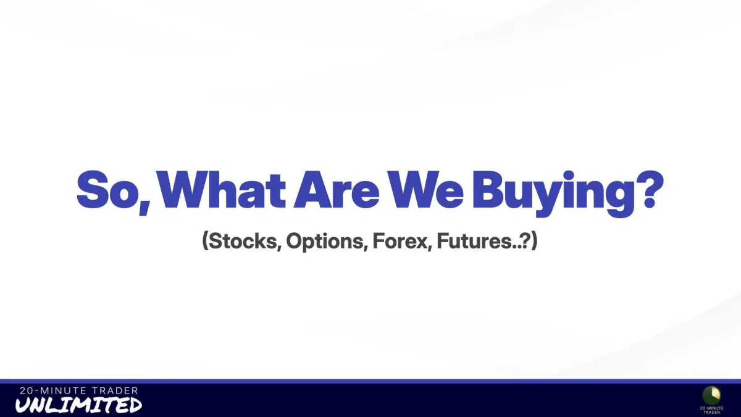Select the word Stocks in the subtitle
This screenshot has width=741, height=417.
pos(243,240)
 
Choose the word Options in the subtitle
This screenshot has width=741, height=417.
pos(325,242)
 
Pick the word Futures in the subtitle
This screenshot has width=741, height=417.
pos(474,240)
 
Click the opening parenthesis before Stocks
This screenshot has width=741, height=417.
pos(205,242)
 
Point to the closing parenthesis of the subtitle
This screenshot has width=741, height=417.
pos(534,242)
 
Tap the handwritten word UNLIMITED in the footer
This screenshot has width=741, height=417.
pos(79,405)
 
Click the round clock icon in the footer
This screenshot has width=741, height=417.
pos(712,395)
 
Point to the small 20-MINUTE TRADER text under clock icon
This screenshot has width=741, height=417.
pos(712,410)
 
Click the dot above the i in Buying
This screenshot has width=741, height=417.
pos(569,175)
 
